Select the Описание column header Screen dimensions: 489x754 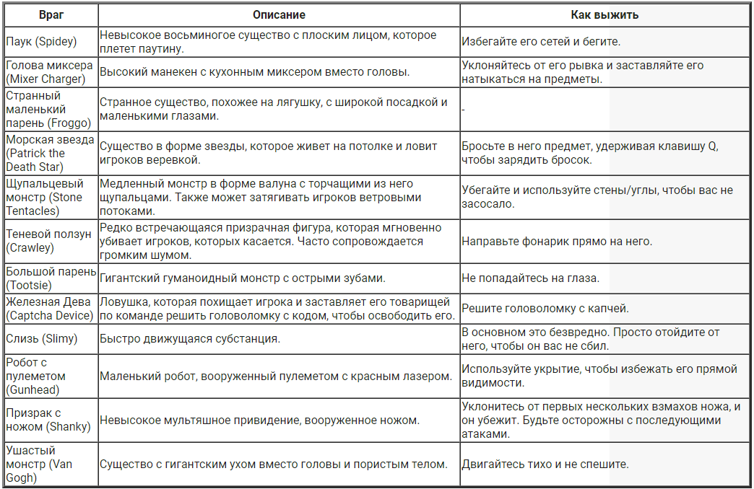[279, 15]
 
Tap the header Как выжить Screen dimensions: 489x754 [604, 15]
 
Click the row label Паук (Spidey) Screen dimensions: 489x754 [41, 42]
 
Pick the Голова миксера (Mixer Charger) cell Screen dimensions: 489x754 [49, 72]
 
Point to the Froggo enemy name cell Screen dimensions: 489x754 [45, 109]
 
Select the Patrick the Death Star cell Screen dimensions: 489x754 [50, 153]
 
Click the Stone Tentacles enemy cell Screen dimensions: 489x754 [45, 197]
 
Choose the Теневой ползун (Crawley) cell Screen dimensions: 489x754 [48, 241]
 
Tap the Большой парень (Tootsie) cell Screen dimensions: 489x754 [50, 278]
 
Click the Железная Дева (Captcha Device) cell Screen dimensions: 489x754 [50, 309]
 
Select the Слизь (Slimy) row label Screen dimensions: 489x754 [41, 338]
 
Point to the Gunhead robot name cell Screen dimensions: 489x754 [36, 376]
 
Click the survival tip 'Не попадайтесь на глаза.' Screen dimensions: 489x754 [531, 278]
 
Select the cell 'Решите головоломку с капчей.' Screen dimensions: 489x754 [545, 309]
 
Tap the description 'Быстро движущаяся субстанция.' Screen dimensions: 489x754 [190, 338]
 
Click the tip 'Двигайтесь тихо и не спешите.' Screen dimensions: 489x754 [545, 464]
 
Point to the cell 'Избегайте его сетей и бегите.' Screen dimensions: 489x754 [541, 42]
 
